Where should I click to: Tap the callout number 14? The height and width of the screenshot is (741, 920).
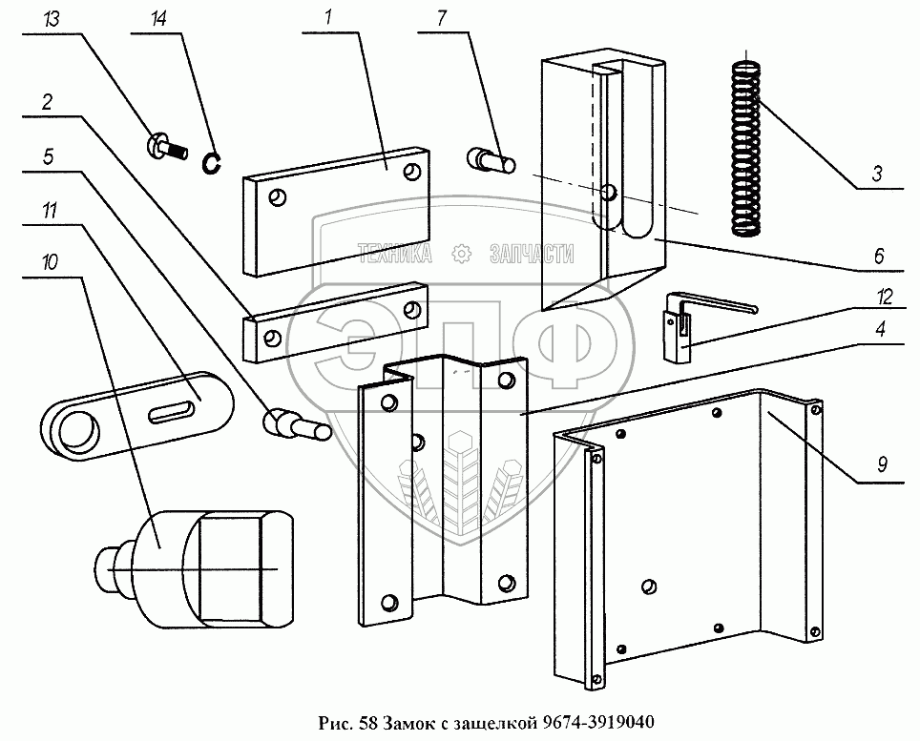tap(158, 19)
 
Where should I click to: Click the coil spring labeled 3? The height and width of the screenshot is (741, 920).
tap(746, 148)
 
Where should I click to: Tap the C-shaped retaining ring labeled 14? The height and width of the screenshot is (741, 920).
tap(214, 163)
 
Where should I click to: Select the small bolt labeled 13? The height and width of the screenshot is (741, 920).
tap(164, 148)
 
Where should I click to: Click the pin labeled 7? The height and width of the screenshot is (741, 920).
tap(491, 159)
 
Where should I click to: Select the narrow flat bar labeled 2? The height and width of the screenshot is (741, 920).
tap(334, 321)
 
